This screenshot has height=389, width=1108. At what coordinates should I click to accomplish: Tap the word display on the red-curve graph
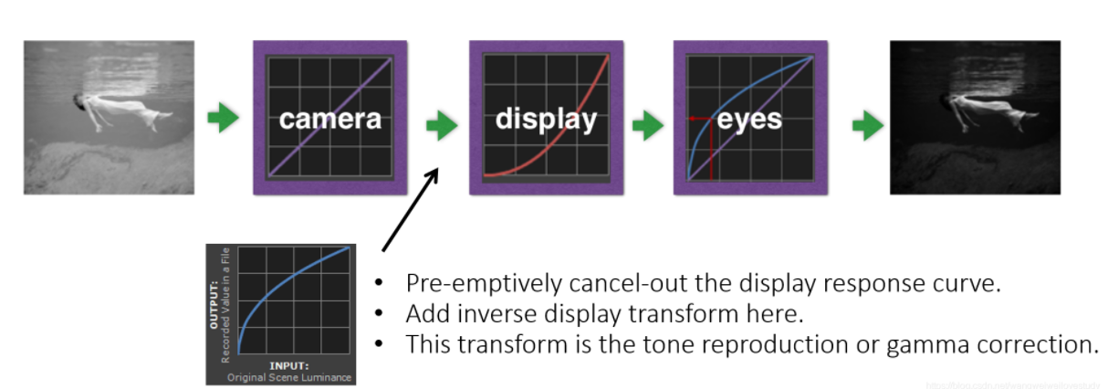pos(546,120)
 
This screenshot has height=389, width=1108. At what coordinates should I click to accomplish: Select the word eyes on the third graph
pos(750,120)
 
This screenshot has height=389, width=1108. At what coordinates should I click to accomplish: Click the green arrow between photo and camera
pos(223,120)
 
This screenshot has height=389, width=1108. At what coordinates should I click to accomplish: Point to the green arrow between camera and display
pos(442,123)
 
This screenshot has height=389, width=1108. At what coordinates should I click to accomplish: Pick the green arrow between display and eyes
pos(648,123)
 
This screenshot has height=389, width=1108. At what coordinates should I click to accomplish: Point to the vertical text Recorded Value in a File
pos(225,305)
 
